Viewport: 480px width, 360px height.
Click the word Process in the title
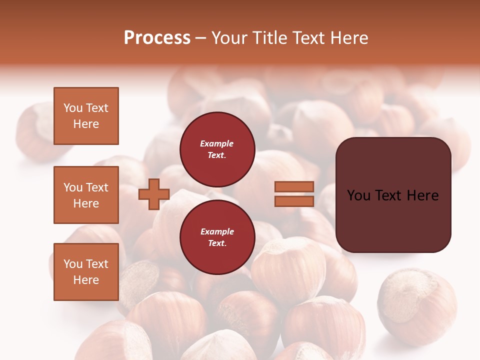click(157, 38)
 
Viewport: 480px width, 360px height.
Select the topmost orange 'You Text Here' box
click(86, 116)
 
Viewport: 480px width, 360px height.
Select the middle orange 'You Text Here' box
click(86, 195)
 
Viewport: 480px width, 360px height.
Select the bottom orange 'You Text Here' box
click(86, 271)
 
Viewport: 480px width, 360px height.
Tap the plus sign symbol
click(154, 194)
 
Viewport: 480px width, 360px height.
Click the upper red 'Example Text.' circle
click(217, 149)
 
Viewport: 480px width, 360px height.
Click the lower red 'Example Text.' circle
click(217, 237)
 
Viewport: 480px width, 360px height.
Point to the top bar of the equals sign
click(294, 186)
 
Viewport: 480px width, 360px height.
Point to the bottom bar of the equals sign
click(294, 201)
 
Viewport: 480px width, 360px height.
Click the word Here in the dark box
click(422, 195)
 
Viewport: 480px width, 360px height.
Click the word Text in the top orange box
click(97, 108)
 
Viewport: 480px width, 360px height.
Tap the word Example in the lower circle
click(217, 231)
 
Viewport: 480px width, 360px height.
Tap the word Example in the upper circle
click(217, 143)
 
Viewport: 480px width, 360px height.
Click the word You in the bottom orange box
click(73, 264)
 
